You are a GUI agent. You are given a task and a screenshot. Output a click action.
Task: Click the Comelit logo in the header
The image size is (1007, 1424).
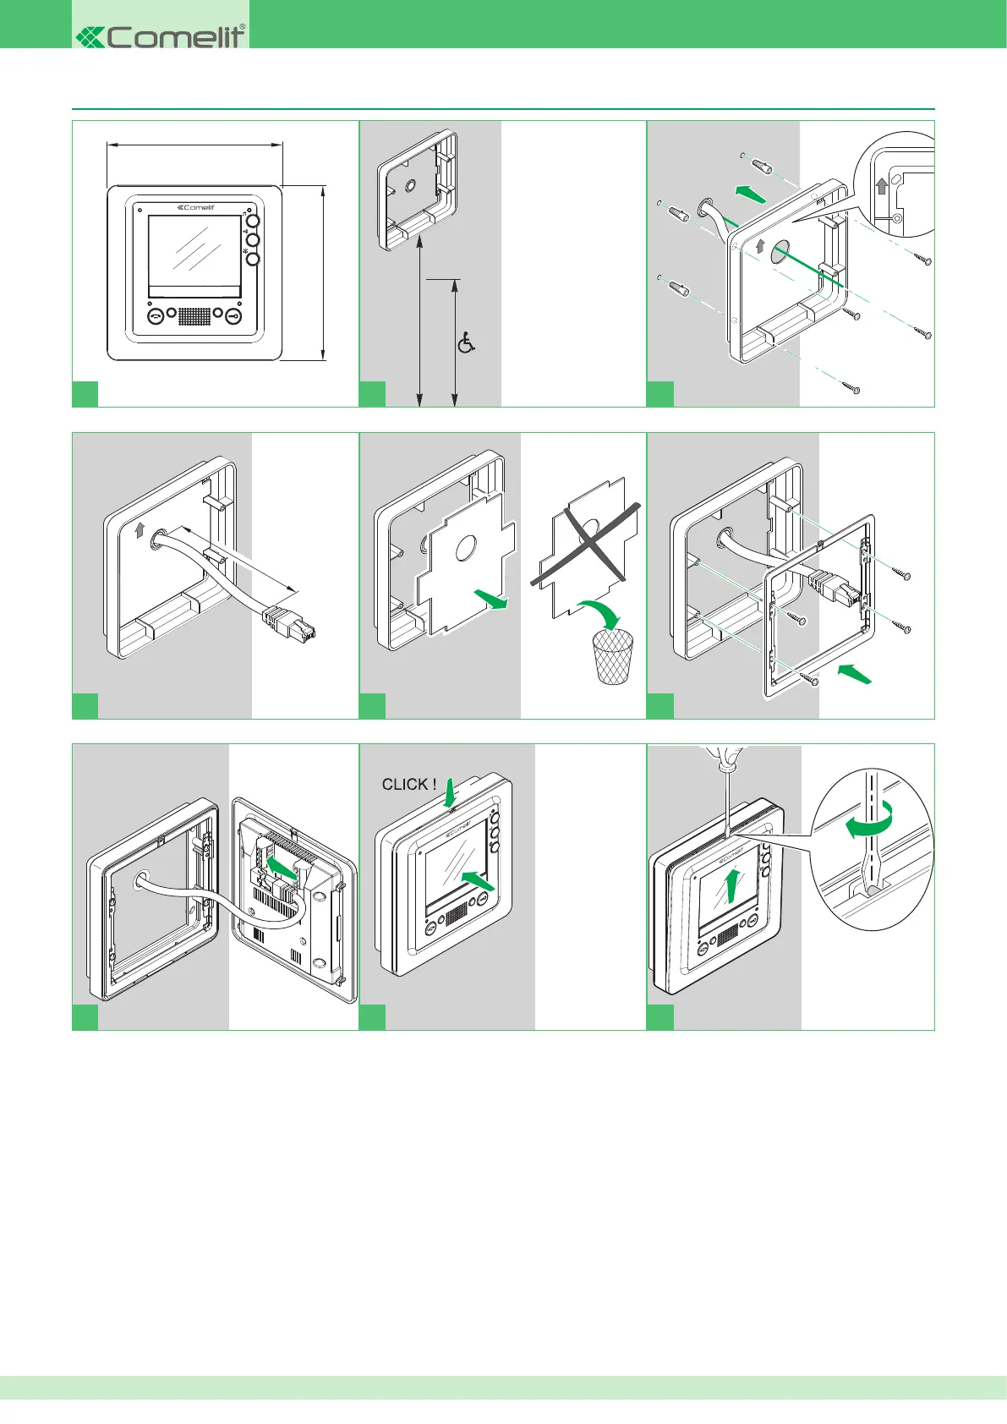click(161, 36)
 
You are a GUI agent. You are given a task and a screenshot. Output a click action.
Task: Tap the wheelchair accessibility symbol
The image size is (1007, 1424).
click(466, 342)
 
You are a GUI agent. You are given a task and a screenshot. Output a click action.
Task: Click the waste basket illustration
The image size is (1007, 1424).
click(613, 656)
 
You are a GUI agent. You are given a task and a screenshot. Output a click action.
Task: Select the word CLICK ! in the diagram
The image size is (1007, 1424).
click(408, 785)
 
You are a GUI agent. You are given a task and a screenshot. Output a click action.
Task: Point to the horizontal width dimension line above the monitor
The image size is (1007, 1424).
click(194, 145)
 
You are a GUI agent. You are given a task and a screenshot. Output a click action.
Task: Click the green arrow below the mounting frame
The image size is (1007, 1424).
click(853, 674)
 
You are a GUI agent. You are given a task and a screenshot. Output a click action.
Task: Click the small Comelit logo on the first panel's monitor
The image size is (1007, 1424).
click(195, 207)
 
